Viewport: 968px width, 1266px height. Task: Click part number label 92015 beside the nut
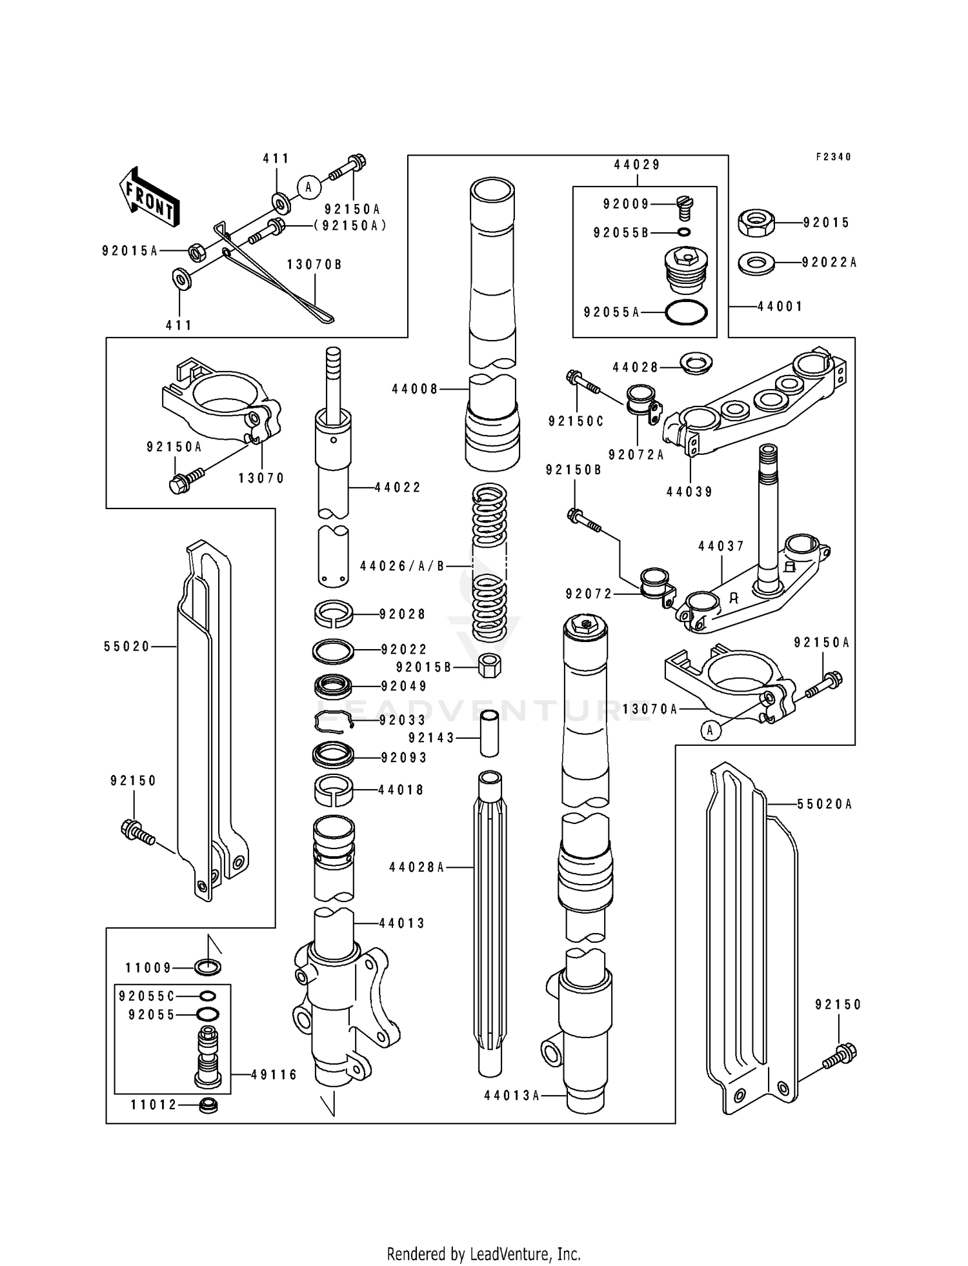pos(826,223)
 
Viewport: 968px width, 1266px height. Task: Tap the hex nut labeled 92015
pos(756,223)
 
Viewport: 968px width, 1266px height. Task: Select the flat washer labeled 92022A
pos(756,263)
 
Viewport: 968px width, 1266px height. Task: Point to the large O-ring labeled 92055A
pos(685,313)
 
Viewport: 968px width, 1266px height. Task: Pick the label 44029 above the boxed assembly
pos(637,165)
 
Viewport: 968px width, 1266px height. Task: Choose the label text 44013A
pos(511,1095)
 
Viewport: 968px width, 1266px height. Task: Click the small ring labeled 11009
pos(208,967)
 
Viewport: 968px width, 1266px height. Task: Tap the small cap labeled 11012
pos(208,1105)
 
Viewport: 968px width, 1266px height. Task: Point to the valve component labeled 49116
pos(207,1056)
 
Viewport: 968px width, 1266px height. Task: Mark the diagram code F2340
pos(833,157)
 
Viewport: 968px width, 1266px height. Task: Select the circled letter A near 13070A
pos(711,730)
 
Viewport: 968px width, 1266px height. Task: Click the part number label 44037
pos(721,546)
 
